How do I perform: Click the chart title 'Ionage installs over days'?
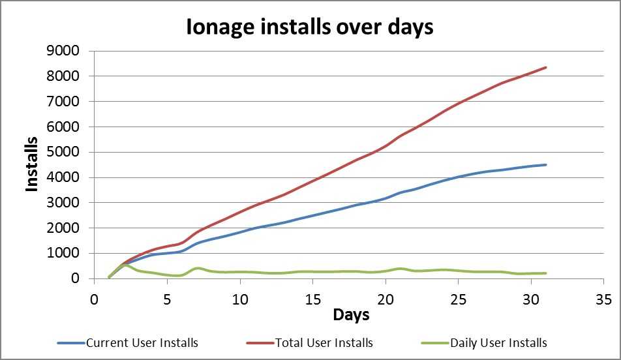click(310, 27)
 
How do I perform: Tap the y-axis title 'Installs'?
click(33, 163)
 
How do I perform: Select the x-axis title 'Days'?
click(351, 315)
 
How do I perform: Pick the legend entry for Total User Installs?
click(324, 342)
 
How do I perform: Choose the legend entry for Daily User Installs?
click(498, 342)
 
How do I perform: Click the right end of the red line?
click(545, 67)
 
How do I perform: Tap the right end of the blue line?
click(545, 165)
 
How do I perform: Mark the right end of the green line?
click(545, 273)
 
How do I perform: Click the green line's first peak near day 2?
click(125, 265)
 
